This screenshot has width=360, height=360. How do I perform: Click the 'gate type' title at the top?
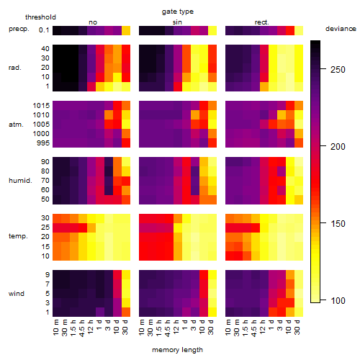click(x=178, y=12)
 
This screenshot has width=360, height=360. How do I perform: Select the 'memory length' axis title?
click(x=177, y=350)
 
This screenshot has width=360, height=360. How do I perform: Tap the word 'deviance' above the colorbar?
click(x=341, y=29)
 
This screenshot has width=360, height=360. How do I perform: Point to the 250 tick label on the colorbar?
click(x=338, y=70)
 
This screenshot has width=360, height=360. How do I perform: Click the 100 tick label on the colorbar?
click(x=338, y=300)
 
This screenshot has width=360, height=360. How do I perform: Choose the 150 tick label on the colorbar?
click(x=338, y=224)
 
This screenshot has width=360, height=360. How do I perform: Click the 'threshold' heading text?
click(x=40, y=17)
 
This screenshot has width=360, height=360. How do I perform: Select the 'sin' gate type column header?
click(x=177, y=22)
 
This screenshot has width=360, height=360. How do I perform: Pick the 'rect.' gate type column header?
click(x=262, y=22)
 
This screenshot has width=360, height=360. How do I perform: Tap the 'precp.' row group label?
click(x=19, y=29)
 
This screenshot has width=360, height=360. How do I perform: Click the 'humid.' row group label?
click(x=20, y=181)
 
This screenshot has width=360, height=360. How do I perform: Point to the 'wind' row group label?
click(x=17, y=294)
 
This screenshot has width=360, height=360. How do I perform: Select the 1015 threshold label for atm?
click(x=41, y=106)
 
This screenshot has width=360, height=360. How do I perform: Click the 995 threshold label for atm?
click(x=43, y=143)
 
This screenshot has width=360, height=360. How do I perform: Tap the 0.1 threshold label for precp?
click(x=44, y=30)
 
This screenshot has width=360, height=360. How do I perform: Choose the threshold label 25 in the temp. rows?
click(x=45, y=228)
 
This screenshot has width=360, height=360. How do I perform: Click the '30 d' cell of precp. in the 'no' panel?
click(x=126, y=31)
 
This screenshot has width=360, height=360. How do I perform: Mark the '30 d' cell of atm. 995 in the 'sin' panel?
click(x=212, y=143)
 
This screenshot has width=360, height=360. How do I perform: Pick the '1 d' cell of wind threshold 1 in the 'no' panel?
click(x=100, y=312)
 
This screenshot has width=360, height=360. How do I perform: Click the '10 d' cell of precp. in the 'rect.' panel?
click(x=290, y=31)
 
